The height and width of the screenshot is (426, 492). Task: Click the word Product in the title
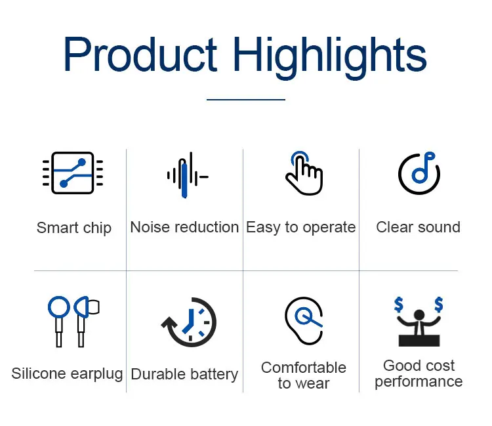pos(140,55)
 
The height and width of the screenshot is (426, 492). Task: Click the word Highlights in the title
pos(330,57)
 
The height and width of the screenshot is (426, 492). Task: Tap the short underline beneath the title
pos(246,100)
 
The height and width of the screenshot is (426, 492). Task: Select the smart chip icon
pos(73,173)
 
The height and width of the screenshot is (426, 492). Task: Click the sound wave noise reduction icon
pos(188,175)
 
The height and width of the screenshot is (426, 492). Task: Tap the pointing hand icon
pos(304,173)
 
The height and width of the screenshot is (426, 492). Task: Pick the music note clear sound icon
pos(419,173)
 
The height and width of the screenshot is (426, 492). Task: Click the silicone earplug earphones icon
pos(73,322)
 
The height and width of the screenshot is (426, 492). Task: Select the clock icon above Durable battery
pos(189,322)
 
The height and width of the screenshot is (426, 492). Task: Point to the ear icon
pos(304,321)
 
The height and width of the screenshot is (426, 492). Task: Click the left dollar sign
pos(399,305)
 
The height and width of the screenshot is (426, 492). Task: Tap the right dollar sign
pos(439,305)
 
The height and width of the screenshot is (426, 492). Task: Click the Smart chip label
pos(74,228)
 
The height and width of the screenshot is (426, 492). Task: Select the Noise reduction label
pos(184,227)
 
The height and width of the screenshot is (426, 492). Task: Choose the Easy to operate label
pos(301,228)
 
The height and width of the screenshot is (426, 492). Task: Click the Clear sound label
pos(419,227)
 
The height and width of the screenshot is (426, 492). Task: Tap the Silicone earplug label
pos(67,374)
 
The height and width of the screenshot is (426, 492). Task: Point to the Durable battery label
pos(184,375)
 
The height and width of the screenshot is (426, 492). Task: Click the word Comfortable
pos(304,368)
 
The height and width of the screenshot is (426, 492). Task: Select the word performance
pos(419,382)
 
